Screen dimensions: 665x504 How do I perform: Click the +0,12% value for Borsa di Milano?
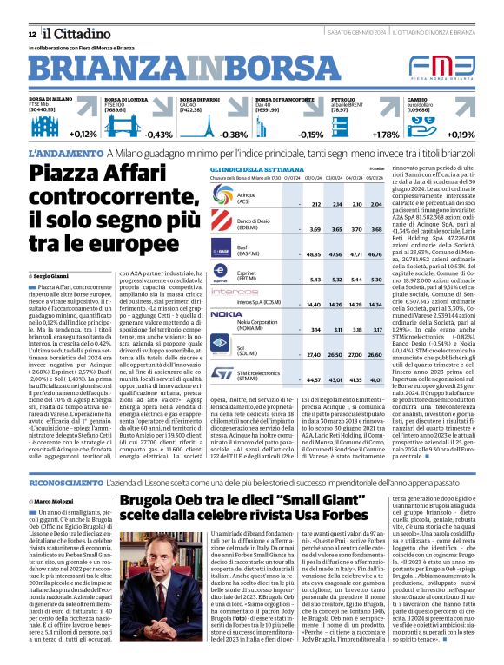[x=83, y=135]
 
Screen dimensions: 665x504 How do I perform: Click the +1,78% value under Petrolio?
[x=385, y=135]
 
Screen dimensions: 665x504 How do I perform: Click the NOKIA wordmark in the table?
[x=227, y=313]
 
